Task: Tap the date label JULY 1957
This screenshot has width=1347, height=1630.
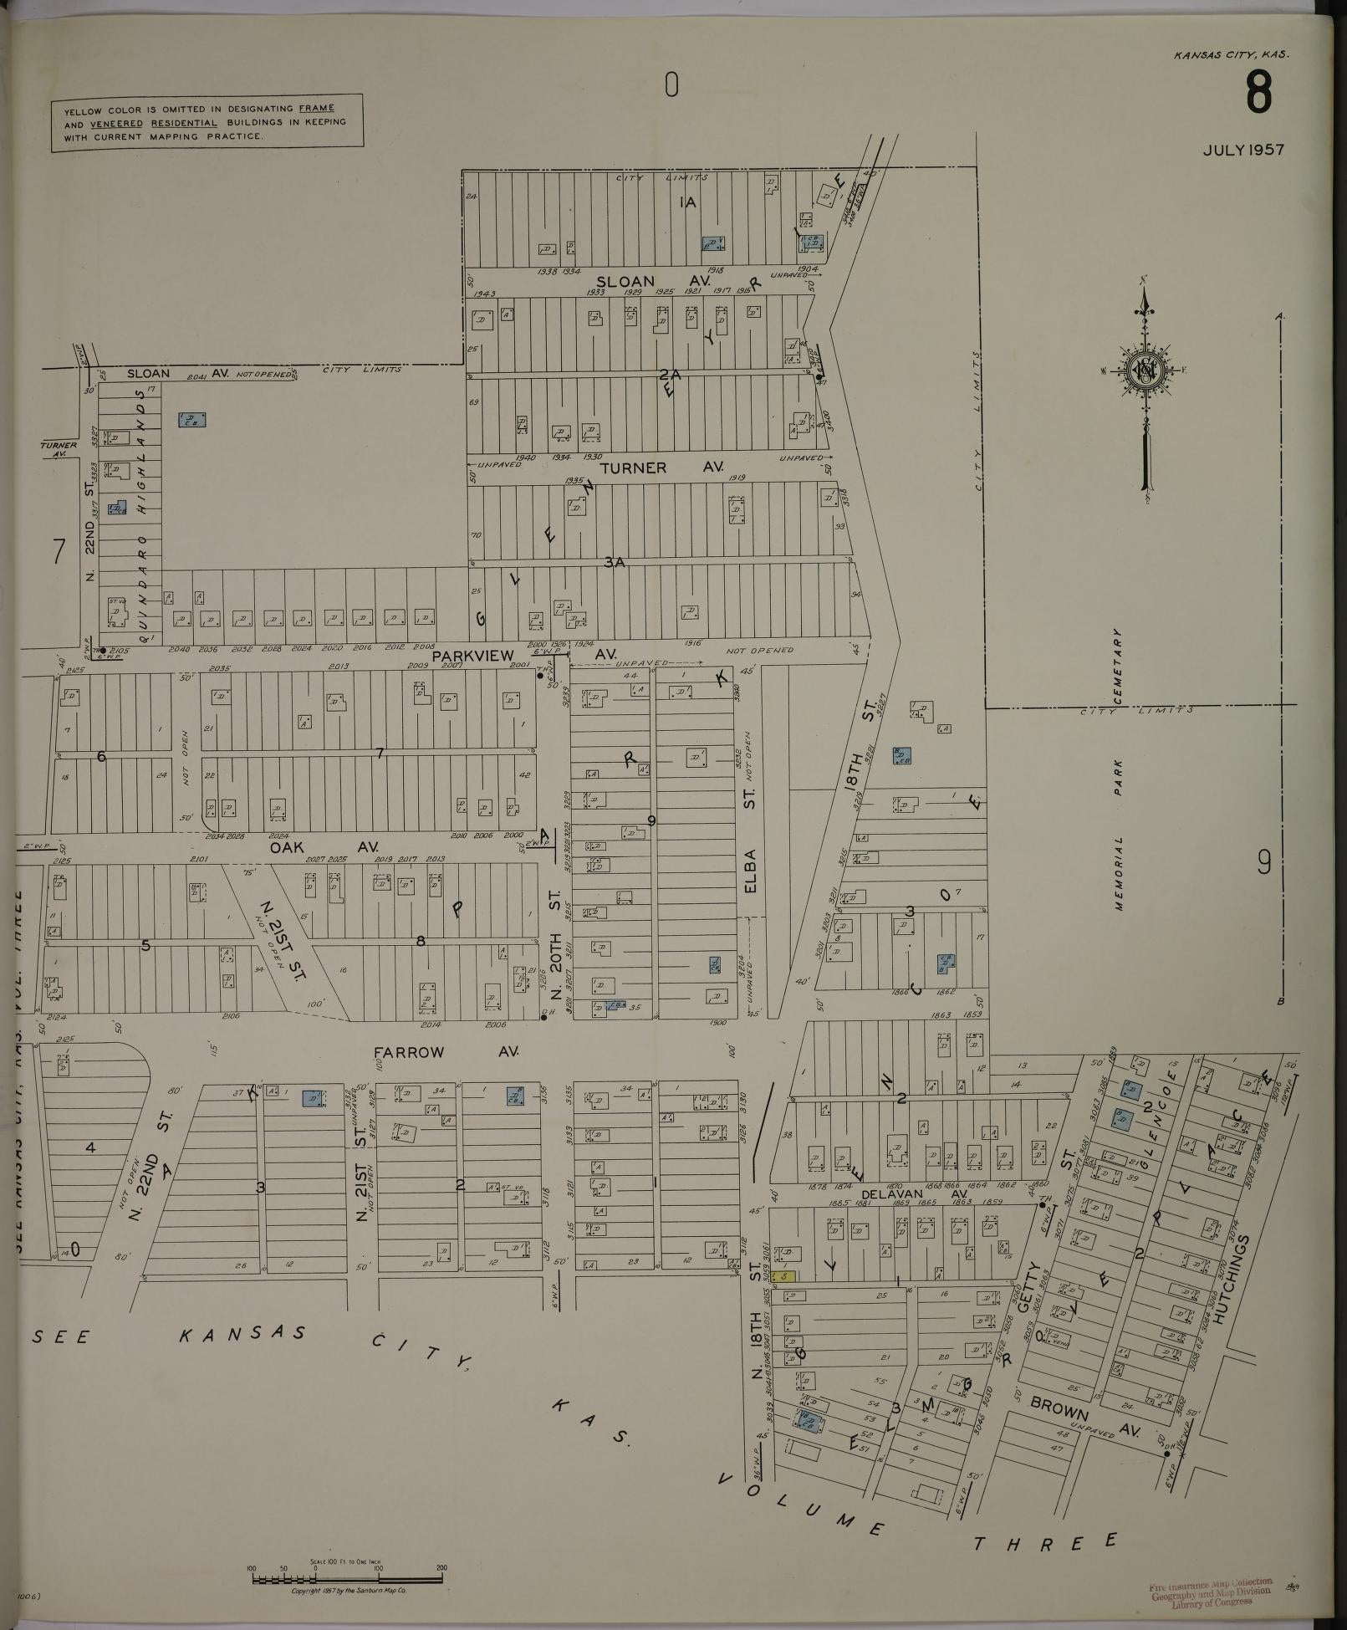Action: pos(1242,151)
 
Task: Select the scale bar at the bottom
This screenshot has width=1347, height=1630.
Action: pos(346,1579)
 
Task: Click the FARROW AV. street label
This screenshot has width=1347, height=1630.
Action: pos(446,1052)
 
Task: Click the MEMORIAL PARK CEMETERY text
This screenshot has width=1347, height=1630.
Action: pos(1118,769)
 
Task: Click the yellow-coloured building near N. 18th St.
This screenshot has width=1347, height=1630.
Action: pos(783,1276)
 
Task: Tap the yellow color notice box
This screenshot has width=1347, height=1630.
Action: pos(207,122)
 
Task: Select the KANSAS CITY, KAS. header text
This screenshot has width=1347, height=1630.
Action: pos(1231,55)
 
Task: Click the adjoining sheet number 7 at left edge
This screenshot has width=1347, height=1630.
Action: pos(59,553)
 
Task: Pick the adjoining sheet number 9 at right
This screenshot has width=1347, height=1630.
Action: pos(1263,862)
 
